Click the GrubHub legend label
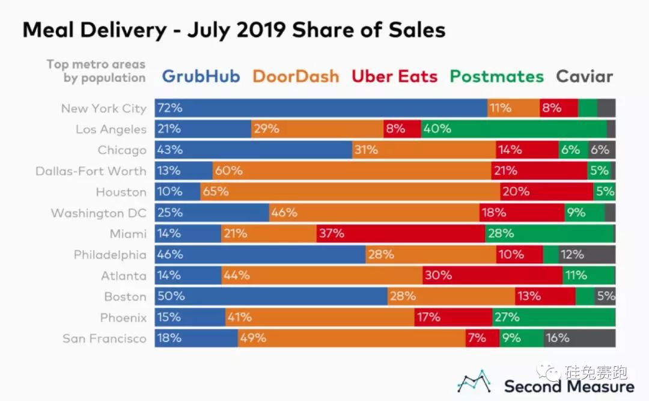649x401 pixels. tap(201, 77)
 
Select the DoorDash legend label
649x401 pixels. tap(296, 77)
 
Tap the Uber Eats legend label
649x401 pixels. tap(394, 77)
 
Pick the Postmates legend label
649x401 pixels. tap(497, 77)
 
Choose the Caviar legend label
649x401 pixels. tap(584, 77)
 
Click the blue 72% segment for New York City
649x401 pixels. tap(321, 108)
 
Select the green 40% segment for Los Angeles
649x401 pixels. tap(514, 129)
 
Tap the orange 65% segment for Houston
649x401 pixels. tap(350, 192)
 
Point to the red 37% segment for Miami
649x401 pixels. tap(401, 233)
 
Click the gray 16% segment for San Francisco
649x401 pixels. tap(579, 338)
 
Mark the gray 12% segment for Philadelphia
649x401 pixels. tap(587, 254)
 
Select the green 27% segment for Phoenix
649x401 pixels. tap(553, 317)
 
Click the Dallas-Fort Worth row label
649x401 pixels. tap(91, 171)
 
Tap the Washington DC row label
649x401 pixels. tap(99, 213)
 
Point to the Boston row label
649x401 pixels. tap(125, 296)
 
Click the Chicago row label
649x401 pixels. tap(122, 150)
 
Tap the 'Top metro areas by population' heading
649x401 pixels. tap(96, 71)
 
